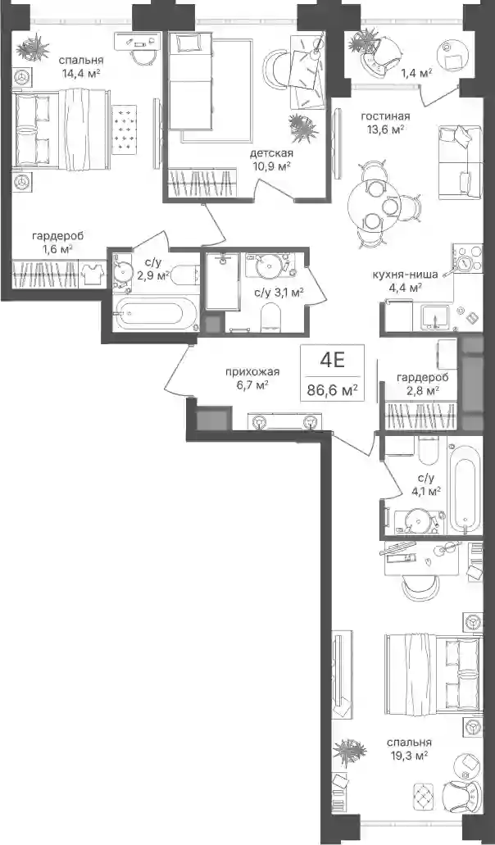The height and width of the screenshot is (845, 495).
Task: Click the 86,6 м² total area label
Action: [x=333, y=389]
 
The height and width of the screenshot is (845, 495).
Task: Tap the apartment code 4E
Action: [x=332, y=361]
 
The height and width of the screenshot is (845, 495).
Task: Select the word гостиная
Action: [x=385, y=116]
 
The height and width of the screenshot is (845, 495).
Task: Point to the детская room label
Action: [x=271, y=153]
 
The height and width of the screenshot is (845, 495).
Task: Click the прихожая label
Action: [x=252, y=371]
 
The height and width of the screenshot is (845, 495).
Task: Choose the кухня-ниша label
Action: [x=405, y=274]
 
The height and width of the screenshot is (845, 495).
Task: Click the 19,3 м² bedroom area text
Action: [x=408, y=756]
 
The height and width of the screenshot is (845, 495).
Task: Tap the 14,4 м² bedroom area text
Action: [x=82, y=73]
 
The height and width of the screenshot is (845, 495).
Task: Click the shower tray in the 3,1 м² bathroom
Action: [x=223, y=281]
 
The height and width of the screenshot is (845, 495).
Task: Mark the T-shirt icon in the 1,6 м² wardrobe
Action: [x=93, y=274]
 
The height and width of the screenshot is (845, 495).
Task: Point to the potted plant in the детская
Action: [x=302, y=127]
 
